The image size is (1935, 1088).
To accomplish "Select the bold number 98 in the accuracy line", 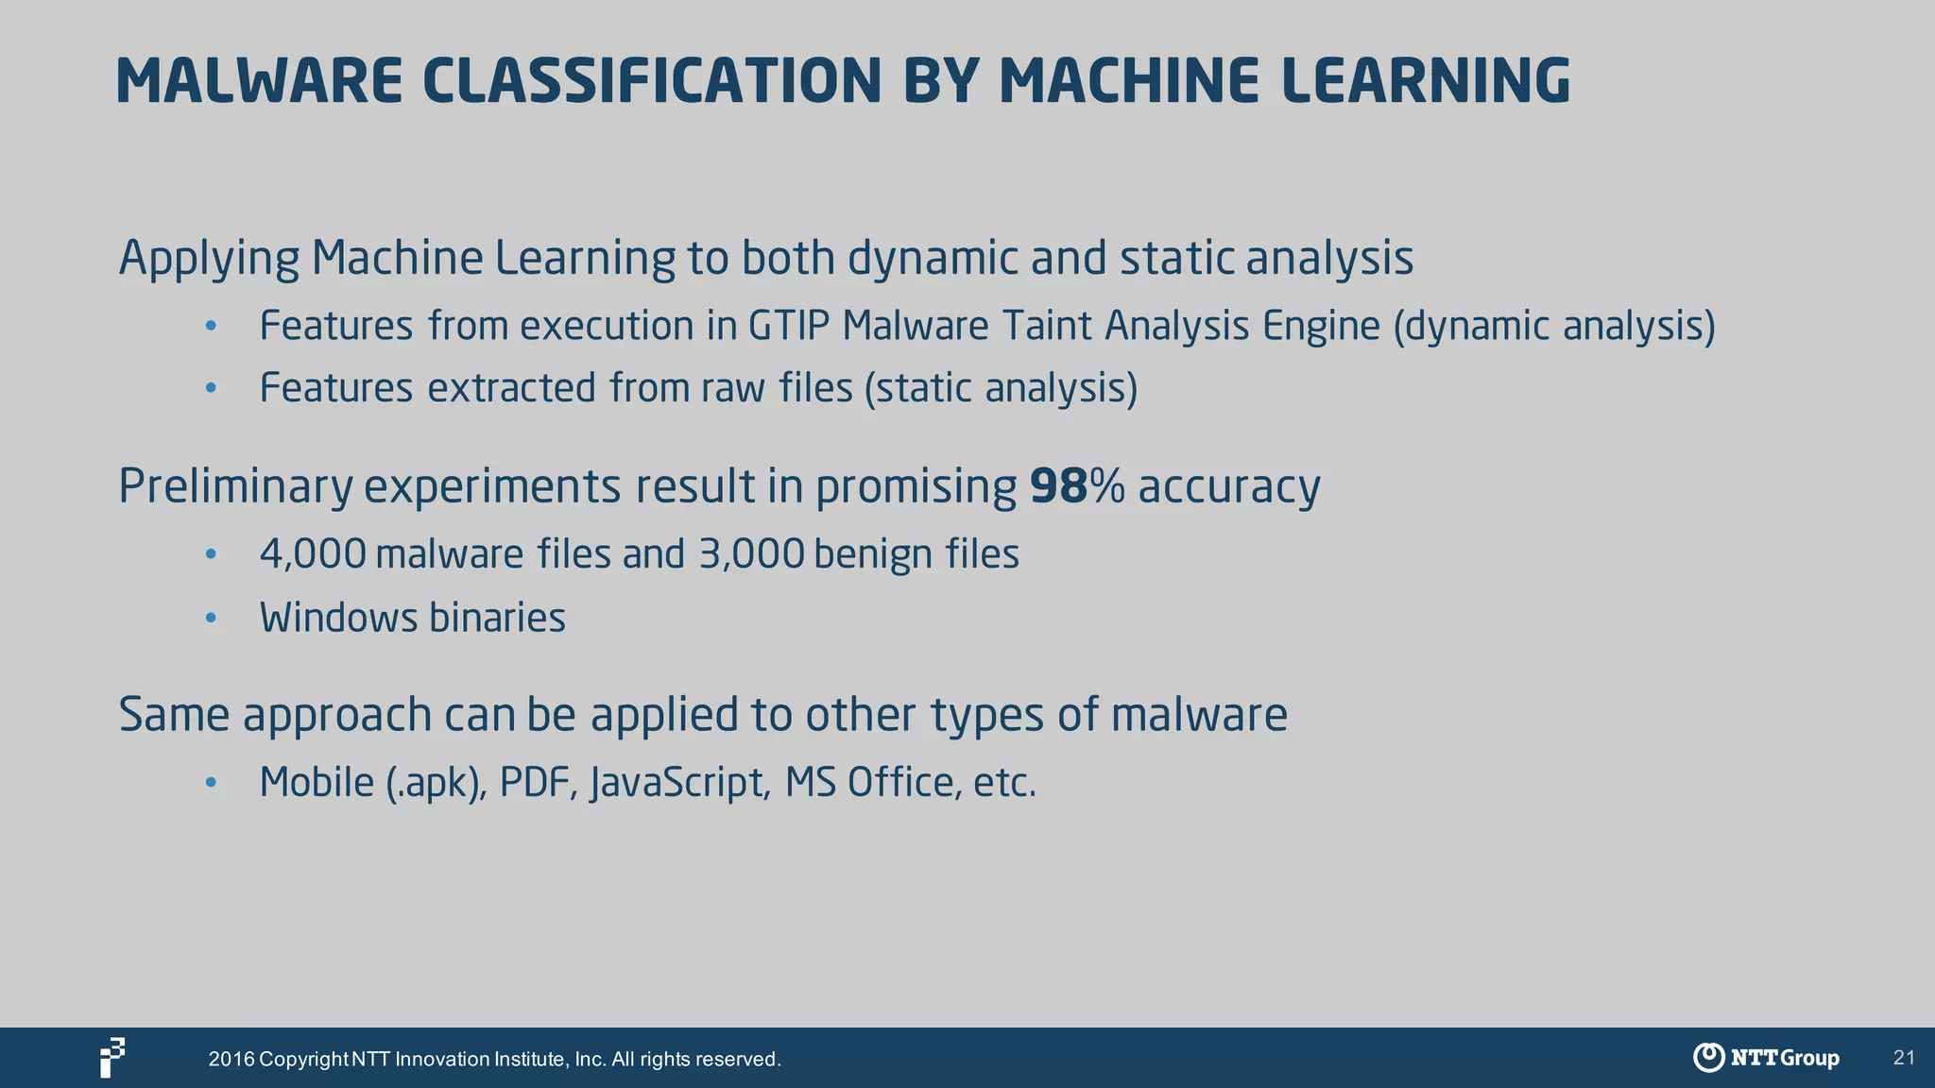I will pos(1058,486).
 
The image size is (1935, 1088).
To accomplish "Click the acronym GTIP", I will pos(789,326).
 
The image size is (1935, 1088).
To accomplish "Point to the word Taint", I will pos(1046,326).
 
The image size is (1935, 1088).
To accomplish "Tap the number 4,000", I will pos(313,554).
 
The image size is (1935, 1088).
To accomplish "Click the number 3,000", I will pos(751,554).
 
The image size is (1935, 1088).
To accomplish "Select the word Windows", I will pos(338,619).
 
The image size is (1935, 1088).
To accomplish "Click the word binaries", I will pos(497,619).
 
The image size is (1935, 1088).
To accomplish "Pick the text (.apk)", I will pos(436,783).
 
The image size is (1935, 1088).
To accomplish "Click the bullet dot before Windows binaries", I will pos(212,619).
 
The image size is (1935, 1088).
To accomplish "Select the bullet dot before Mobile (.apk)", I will pos(212,783).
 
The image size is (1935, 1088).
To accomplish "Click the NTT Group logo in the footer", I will pos(1766,1058).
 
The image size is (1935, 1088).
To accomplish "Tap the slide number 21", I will pos(1904,1058).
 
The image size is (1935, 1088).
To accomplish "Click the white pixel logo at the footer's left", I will pos(112,1058).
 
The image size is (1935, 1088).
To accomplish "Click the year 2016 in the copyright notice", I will pos(231,1060).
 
